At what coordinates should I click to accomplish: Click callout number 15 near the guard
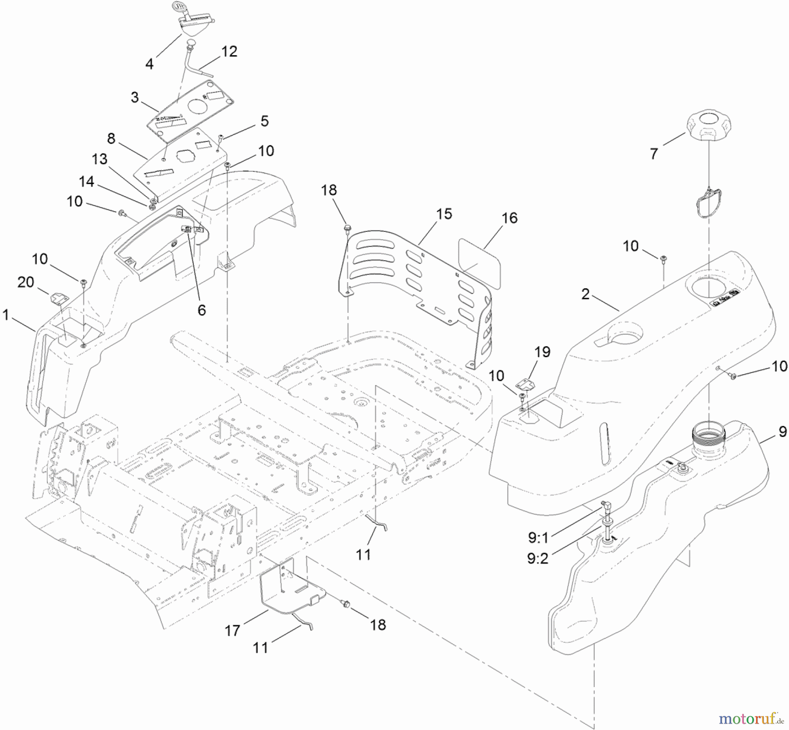point(444,214)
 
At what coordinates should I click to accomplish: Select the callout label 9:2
point(537,559)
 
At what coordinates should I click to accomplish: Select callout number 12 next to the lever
point(229,52)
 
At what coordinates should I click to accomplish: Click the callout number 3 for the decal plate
point(135,97)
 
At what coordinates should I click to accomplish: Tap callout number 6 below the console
point(201,310)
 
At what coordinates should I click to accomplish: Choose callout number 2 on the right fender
point(586,294)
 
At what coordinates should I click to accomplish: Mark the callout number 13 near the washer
point(100,159)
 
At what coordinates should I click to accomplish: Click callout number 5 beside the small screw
point(264,121)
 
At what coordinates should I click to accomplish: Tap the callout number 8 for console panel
point(111,138)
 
